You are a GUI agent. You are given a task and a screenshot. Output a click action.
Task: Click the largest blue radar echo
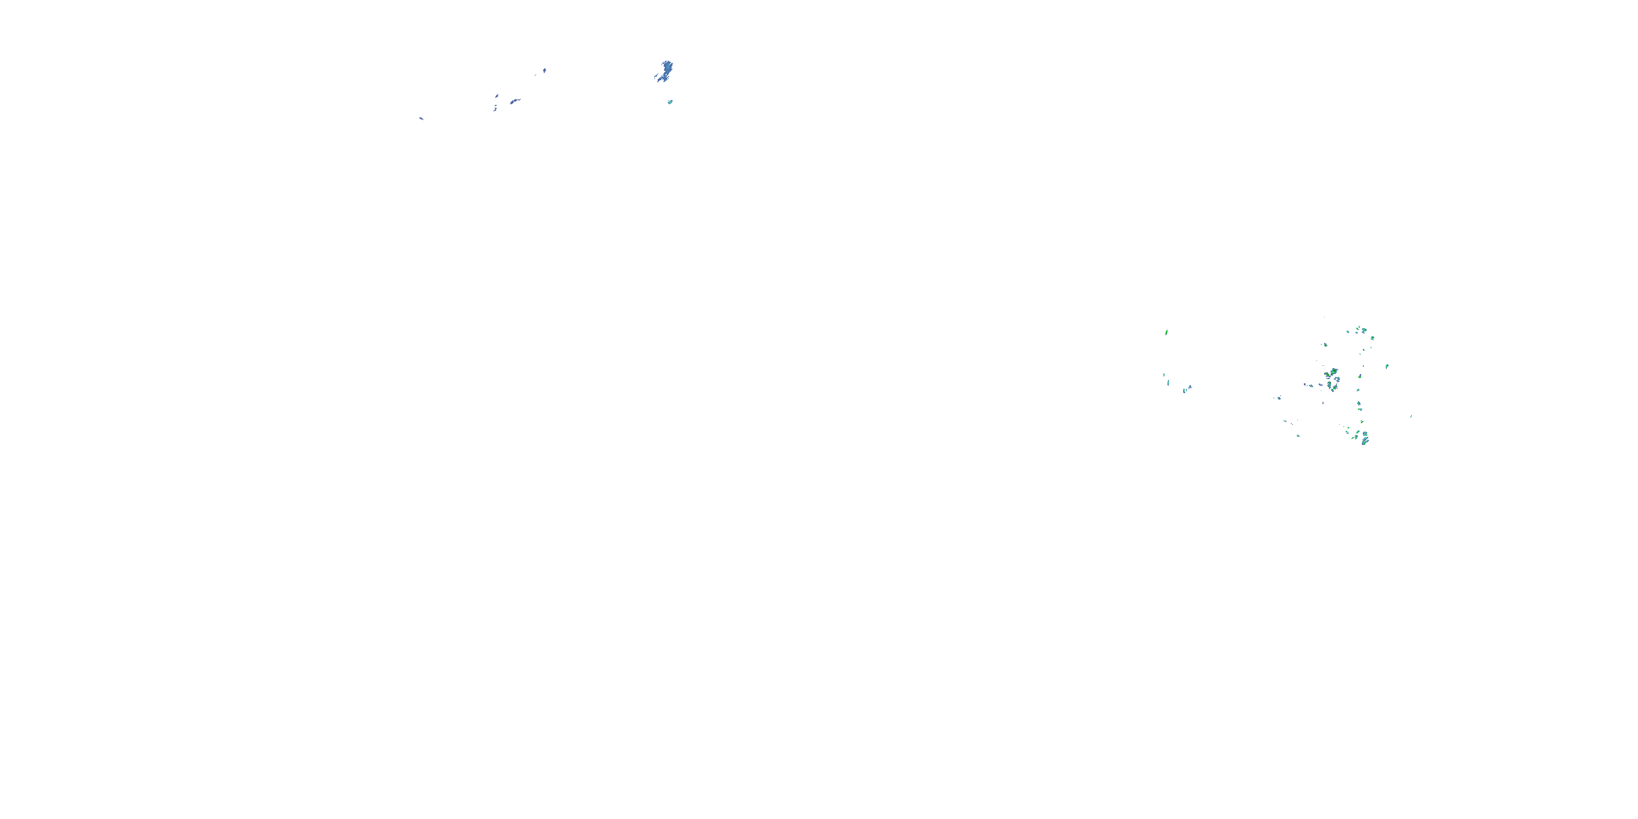tap(664, 70)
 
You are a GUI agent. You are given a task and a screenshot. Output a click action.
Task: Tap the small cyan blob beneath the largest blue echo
tap(670, 102)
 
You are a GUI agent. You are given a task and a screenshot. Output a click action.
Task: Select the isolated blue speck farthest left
tap(421, 118)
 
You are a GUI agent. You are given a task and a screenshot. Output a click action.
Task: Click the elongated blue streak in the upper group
tap(515, 100)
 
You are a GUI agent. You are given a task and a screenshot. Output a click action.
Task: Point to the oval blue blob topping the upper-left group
tap(544, 70)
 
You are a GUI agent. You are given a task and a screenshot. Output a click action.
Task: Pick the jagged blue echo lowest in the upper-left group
tap(495, 108)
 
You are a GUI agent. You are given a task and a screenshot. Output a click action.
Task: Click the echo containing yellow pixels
tap(1328, 374)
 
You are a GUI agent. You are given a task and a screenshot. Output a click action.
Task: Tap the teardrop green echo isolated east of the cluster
tap(1387, 366)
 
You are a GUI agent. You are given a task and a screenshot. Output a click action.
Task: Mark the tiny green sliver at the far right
tap(1411, 417)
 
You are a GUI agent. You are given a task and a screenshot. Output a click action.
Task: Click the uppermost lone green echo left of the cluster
tap(1166, 332)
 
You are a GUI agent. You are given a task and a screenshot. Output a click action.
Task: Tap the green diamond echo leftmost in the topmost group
tap(1348, 332)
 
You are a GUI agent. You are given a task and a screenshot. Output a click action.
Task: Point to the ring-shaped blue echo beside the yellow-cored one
tap(1338, 380)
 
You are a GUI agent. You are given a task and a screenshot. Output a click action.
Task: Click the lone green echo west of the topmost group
tap(1326, 345)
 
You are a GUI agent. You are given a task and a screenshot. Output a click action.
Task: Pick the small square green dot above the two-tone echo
tap(1363, 366)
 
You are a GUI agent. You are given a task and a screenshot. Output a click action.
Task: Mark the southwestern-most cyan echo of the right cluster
tap(1298, 436)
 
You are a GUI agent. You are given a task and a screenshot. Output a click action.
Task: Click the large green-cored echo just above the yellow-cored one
tap(1334, 371)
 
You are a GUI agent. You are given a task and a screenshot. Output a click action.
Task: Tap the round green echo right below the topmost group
tap(1373, 339)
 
